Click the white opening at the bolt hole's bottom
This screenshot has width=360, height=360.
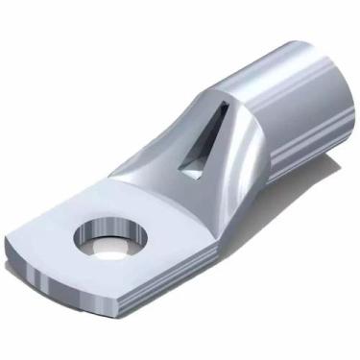[110, 247]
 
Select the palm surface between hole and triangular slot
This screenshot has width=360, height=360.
[154, 202]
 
